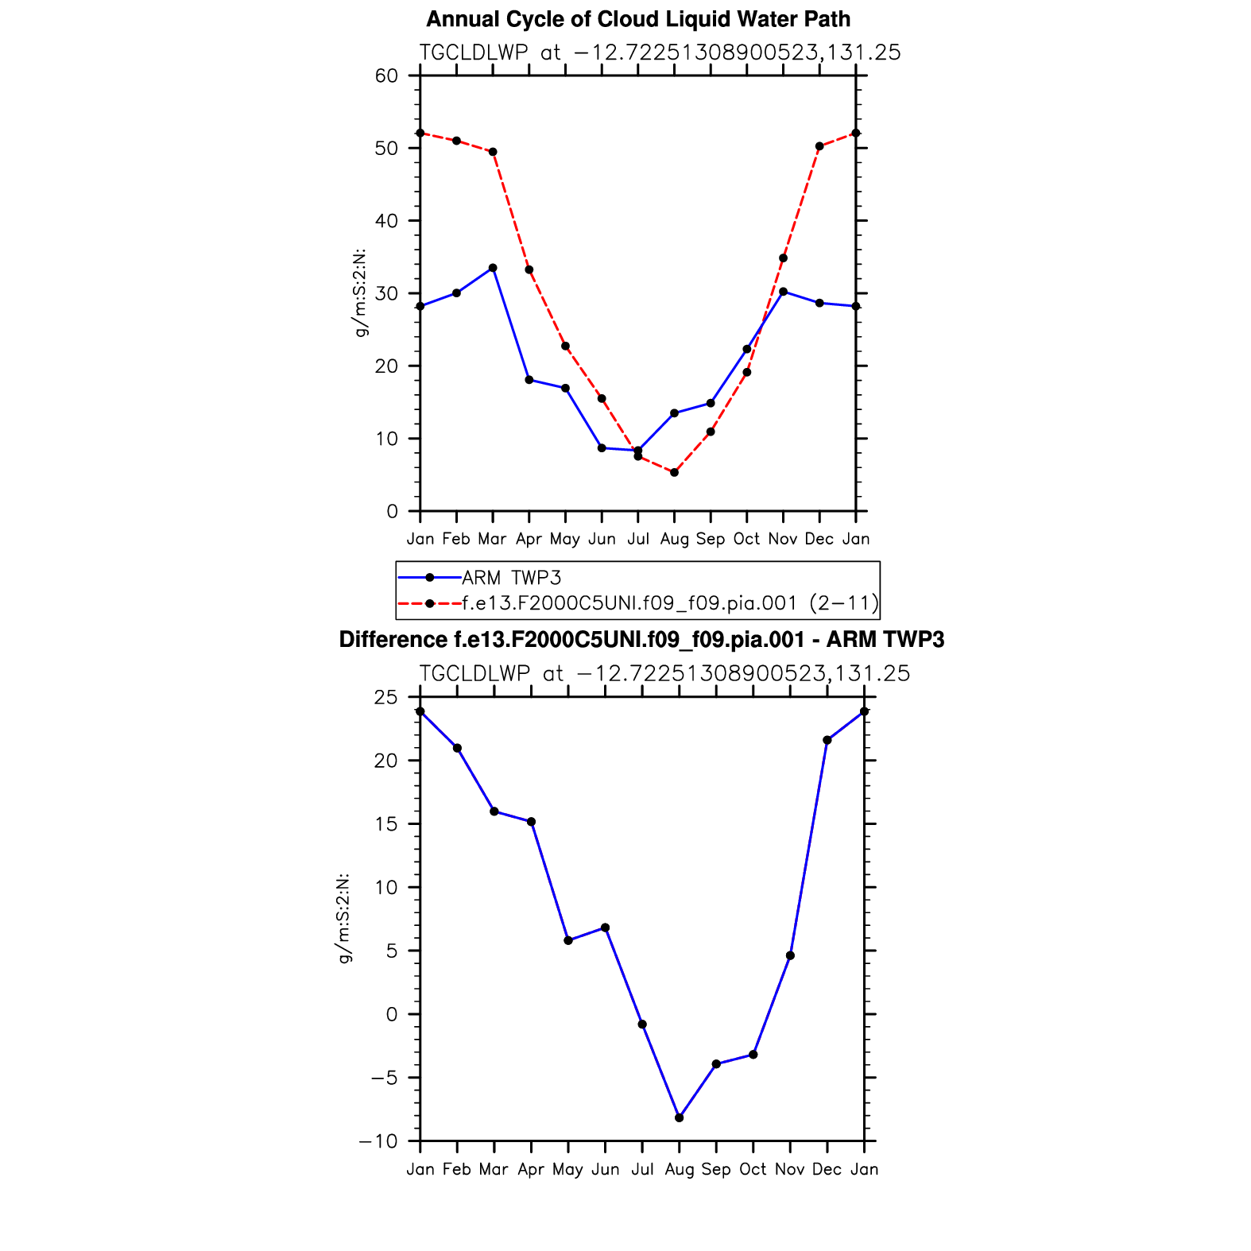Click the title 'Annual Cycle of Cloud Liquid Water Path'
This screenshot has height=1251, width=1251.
coord(638,19)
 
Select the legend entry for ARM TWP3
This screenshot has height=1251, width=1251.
coord(511,578)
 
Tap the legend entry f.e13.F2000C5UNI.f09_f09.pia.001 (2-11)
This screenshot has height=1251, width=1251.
coord(670,604)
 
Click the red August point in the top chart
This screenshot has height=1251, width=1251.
coord(674,473)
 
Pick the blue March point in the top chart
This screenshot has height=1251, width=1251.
coord(493,268)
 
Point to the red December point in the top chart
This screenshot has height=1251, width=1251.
coord(819,146)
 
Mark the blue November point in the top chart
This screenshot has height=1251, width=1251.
coord(783,292)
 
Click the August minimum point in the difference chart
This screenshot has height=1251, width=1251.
coord(679,1117)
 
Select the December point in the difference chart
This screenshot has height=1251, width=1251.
coord(827,740)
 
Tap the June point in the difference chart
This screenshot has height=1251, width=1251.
coord(605,928)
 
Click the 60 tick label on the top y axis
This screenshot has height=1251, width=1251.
coord(386,76)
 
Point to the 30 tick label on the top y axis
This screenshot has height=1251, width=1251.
coord(386,294)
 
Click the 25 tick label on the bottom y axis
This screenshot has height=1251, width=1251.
coord(386,698)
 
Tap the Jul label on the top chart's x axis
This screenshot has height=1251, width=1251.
coord(638,540)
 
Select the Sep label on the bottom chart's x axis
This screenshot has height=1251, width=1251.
coord(716,1170)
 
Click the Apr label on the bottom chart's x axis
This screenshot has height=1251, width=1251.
coord(531,1170)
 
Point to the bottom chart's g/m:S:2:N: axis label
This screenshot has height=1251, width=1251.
coord(344,919)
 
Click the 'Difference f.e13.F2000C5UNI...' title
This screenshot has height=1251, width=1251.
coord(641,640)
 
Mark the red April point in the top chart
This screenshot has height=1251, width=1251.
coord(529,269)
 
